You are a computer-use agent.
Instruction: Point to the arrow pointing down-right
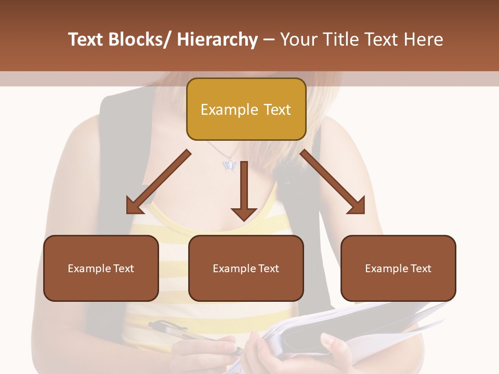[333, 183]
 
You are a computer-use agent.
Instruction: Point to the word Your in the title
[298, 40]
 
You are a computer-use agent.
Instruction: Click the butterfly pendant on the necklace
[229, 165]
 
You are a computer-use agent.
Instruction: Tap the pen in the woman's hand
[172, 330]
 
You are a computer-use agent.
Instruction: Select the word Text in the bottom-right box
[421, 269]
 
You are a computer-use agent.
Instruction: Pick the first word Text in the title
[87, 40]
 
